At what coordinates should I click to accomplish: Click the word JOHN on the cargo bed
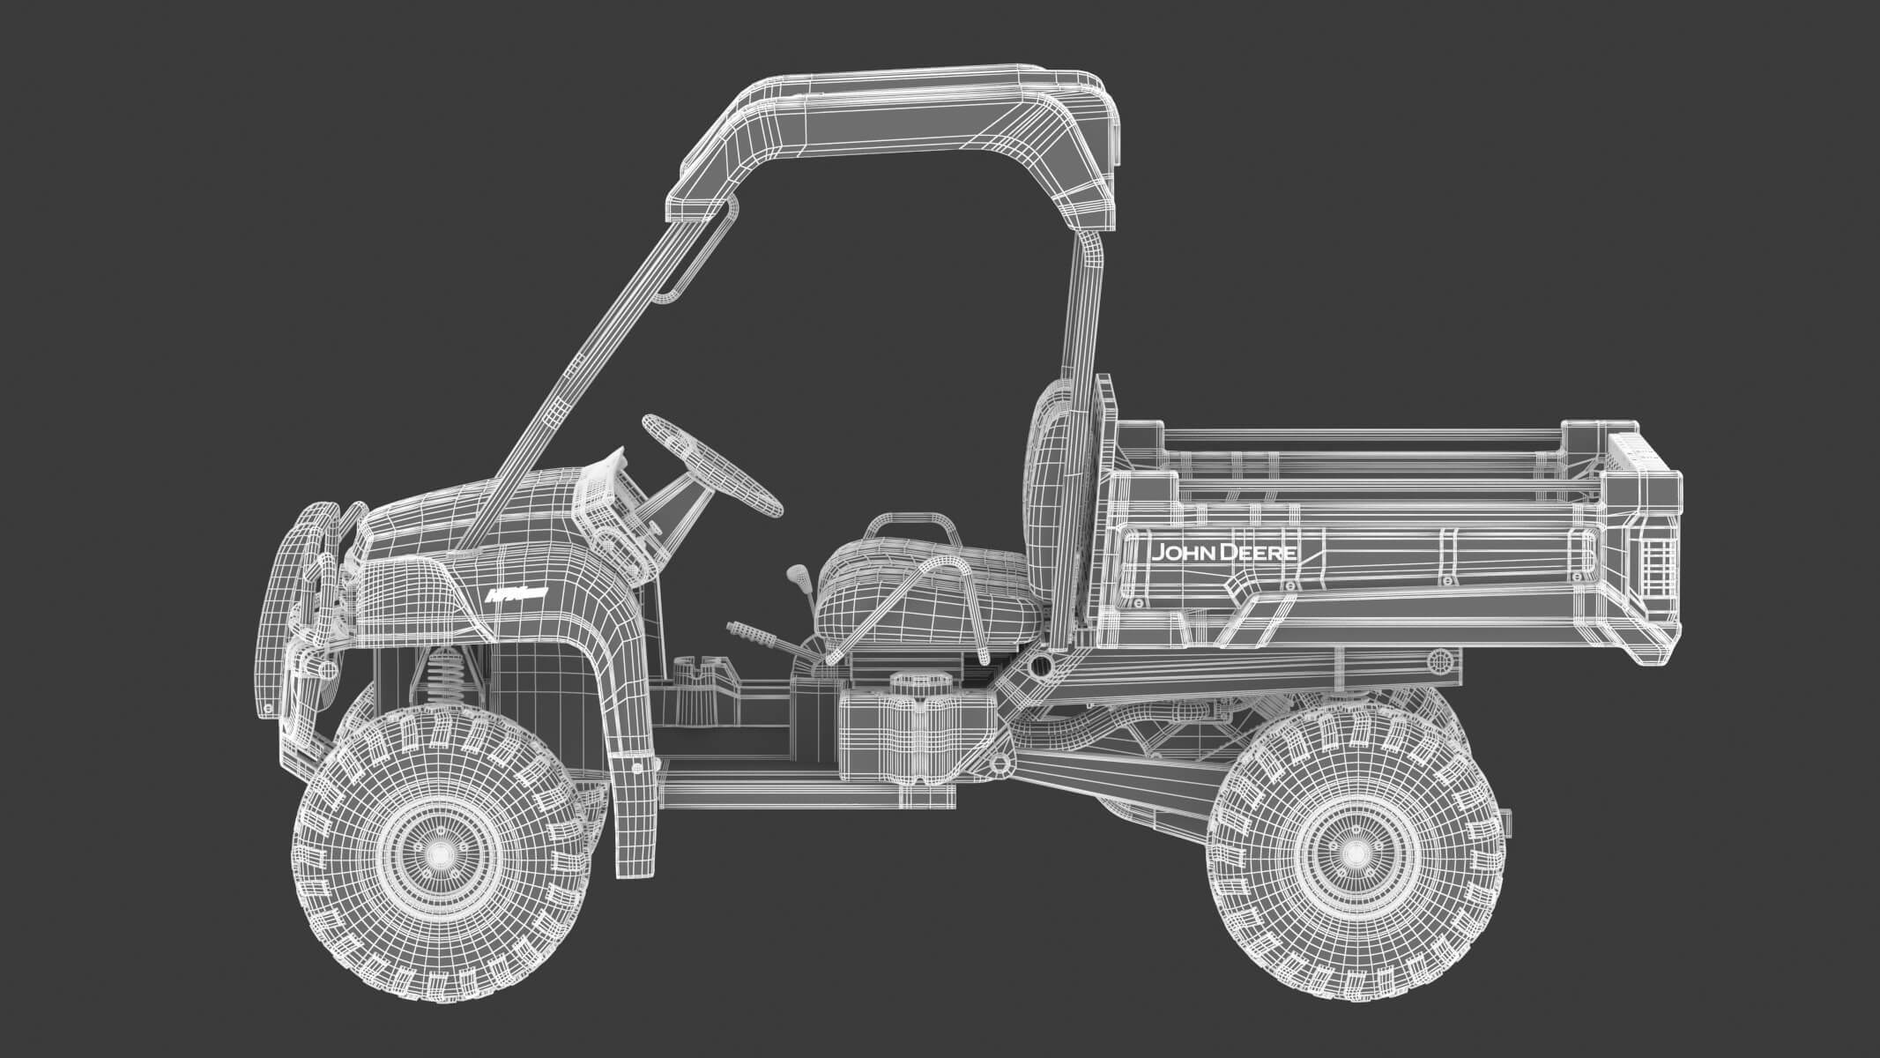coord(1182,554)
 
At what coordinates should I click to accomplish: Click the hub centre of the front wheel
coord(438,853)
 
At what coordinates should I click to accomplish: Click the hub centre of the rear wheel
coord(1354,852)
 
